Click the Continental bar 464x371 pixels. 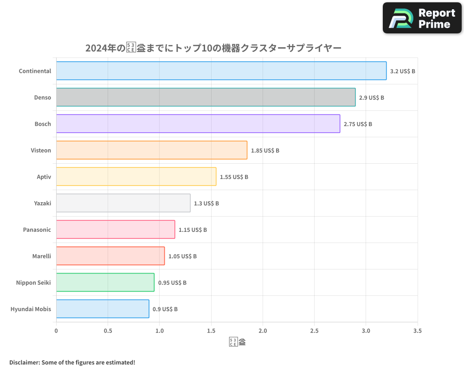(221, 71)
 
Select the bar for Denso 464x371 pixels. (206, 97)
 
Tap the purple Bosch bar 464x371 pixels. (198, 124)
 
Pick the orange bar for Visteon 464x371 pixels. (152, 150)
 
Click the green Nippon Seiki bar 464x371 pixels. (105, 282)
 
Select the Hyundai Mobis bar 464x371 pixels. (103, 309)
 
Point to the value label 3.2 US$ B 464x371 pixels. (402, 71)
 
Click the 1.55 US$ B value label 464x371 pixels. (234, 177)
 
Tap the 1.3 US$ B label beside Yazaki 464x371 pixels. (206, 204)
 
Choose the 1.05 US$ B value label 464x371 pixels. (182, 256)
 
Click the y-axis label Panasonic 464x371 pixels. (37, 230)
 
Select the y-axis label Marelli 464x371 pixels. (42, 256)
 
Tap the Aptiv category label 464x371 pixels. (44, 177)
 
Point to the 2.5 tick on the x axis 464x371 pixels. (314, 331)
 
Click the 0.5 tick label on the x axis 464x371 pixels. (108, 331)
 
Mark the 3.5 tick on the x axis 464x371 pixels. (417, 331)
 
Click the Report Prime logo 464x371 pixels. (422, 18)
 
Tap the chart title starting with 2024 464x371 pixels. (213, 48)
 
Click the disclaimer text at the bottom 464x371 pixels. (72, 362)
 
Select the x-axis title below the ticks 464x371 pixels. (237, 343)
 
